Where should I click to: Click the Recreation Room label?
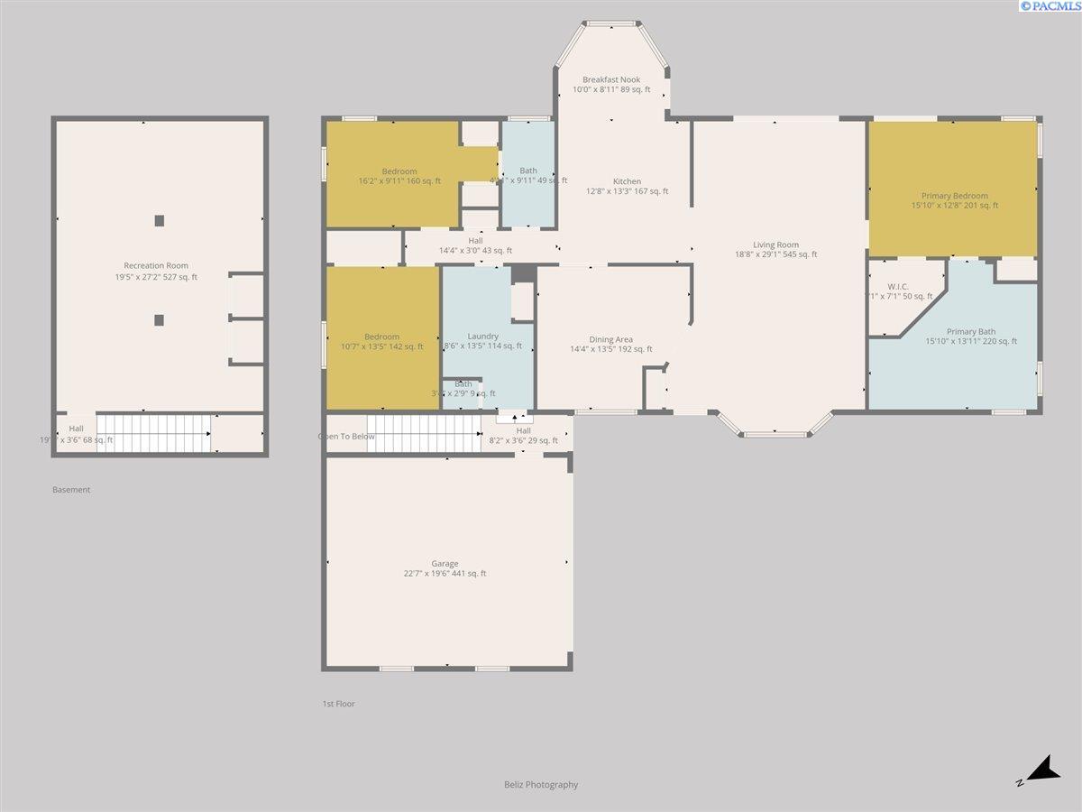pyautogui.click(x=156, y=266)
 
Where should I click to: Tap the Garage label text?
pyautogui.click(x=445, y=564)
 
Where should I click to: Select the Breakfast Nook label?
pyautogui.click(x=611, y=79)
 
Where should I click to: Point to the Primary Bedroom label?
pyautogui.click(x=954, y=196)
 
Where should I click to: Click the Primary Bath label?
pyautogui.click(x=971, y=331)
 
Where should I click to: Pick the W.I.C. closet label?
pyautogui.click(x=897, y=287)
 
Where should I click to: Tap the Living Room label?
pyautogui.click(x=776, y=245)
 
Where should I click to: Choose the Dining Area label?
pyautogui.click(x=611, y=339)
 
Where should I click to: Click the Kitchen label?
pyautogui.click(x=627, y=181)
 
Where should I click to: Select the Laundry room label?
pyautogui.click(x=483, y=336)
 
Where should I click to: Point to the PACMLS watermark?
pyautogui.click(x=1049, y=6)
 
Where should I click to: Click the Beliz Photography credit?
pyautogui.click(x=541, y=785)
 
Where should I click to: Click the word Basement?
pyautogui.click(x=71, y=490)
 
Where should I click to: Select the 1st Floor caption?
pyautogui.click(x=339, y=704)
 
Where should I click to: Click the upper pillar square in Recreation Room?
pyautogui.click(x=160, y=220)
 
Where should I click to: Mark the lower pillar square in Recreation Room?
pyautogui.click(x=160, y=319)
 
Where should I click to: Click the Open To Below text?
pyautogui.click(x=346, y=437)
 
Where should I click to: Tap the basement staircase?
pyautogui.click(x=153, y=433)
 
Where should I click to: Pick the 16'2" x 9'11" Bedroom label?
pyautogui.click(x=399, y=171)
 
